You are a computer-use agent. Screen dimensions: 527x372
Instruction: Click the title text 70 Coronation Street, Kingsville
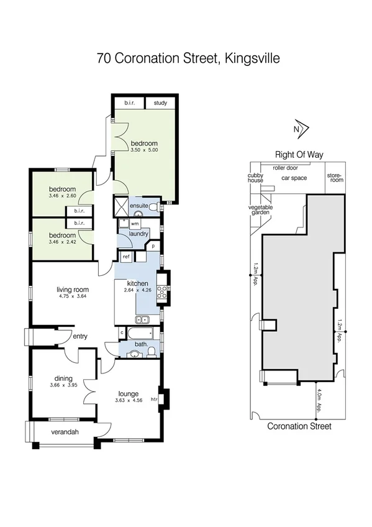[x=188, y=59]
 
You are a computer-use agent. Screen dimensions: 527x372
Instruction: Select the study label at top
[x=160, y=103]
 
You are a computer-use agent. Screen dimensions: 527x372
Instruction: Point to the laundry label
[x=138, y=234]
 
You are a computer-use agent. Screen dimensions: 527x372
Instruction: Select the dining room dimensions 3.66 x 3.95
[x=63, y=385]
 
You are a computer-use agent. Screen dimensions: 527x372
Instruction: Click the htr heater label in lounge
[x=163, y=400]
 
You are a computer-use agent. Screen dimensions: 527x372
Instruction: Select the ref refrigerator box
[x=125, y=256]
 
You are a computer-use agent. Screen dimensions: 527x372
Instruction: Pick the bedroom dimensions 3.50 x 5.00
[x=145, y=150]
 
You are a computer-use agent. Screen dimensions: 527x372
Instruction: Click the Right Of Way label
[x=299, y=155]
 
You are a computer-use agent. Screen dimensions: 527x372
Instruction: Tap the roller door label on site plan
[x=286, y=168]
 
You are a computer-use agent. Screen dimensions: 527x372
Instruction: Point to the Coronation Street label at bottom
[x=299, y=426]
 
